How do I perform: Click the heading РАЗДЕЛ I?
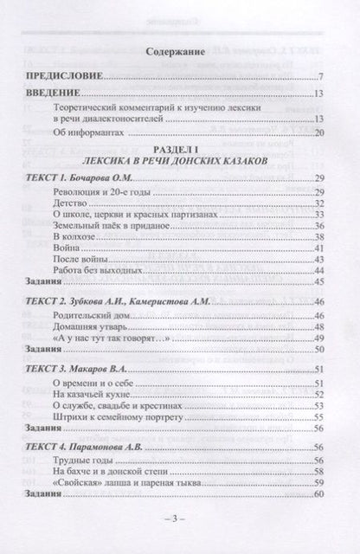pyautogui.click(x=180, y=150)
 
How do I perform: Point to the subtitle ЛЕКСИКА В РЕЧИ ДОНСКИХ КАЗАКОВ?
pyautogui.click(x=180, y=162)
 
